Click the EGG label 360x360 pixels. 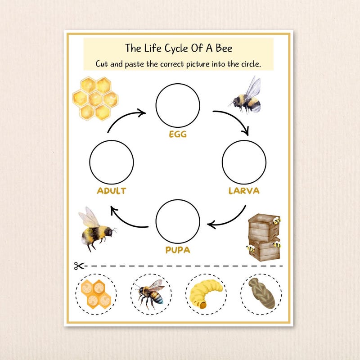point(177,134)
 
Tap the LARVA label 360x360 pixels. point(244,190)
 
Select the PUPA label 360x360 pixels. point(177,250)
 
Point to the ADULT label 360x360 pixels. point(111,191)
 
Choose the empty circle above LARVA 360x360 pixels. point(244,162)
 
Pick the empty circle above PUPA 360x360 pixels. point(177,221)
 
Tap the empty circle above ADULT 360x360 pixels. point(111,162)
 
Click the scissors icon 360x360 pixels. point(79,266)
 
